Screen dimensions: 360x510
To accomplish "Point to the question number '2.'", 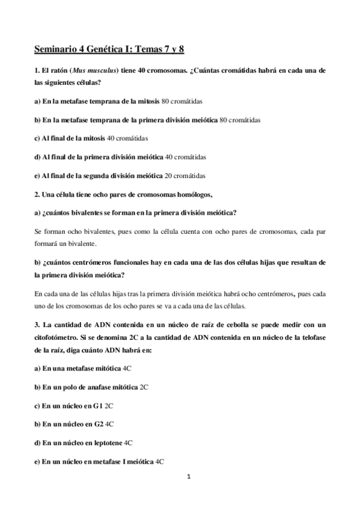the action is click(37, 195).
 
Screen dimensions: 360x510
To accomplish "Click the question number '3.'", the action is click(37, 325).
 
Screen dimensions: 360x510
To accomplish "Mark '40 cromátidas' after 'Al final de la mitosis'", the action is click(127, 138).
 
